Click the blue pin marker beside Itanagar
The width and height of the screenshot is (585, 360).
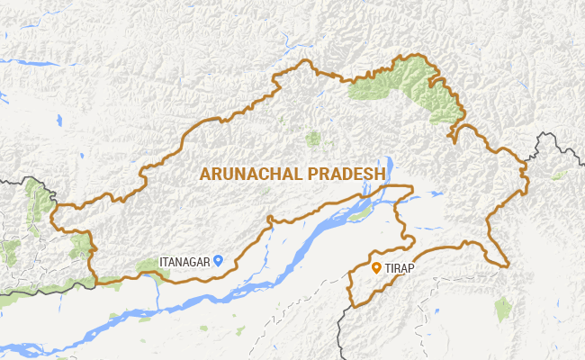[x=218, y=261]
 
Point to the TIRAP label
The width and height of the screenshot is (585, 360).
[x=400, y=267]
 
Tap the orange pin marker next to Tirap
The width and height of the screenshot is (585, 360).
[x=376, y=267]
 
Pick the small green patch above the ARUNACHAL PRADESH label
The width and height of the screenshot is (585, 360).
[x=313, y=139]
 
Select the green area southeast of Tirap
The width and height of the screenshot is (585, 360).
[x=503, y=308]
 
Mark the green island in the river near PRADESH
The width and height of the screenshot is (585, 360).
[x=359, y=215]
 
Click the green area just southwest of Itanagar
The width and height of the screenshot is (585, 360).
[x=148, y=266]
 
